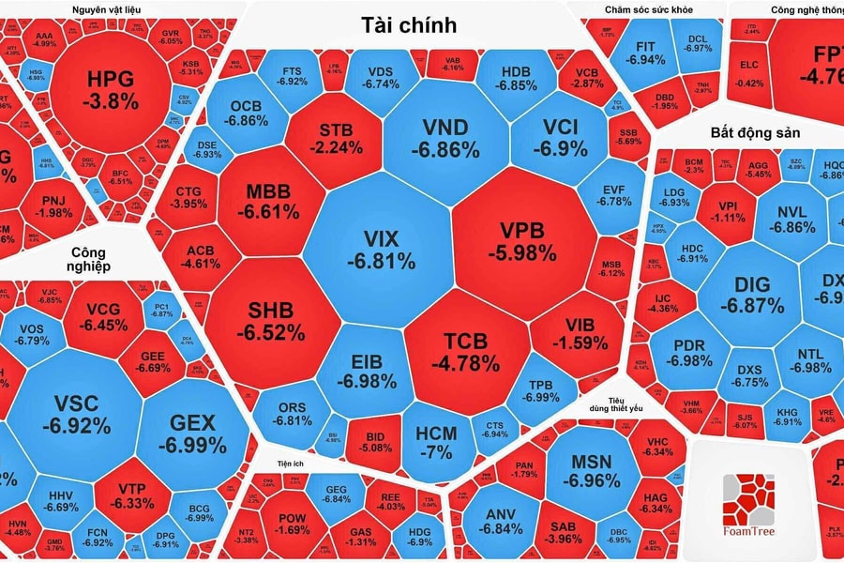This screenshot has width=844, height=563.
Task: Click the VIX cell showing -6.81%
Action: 381,248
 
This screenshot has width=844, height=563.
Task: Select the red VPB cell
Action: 521,240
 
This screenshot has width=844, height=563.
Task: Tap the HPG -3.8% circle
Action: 110,88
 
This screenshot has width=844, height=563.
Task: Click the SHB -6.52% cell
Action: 270,319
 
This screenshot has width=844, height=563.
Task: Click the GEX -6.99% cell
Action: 192,434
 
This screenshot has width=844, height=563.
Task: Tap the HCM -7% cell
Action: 435,441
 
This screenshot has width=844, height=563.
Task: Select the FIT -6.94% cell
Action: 644,53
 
